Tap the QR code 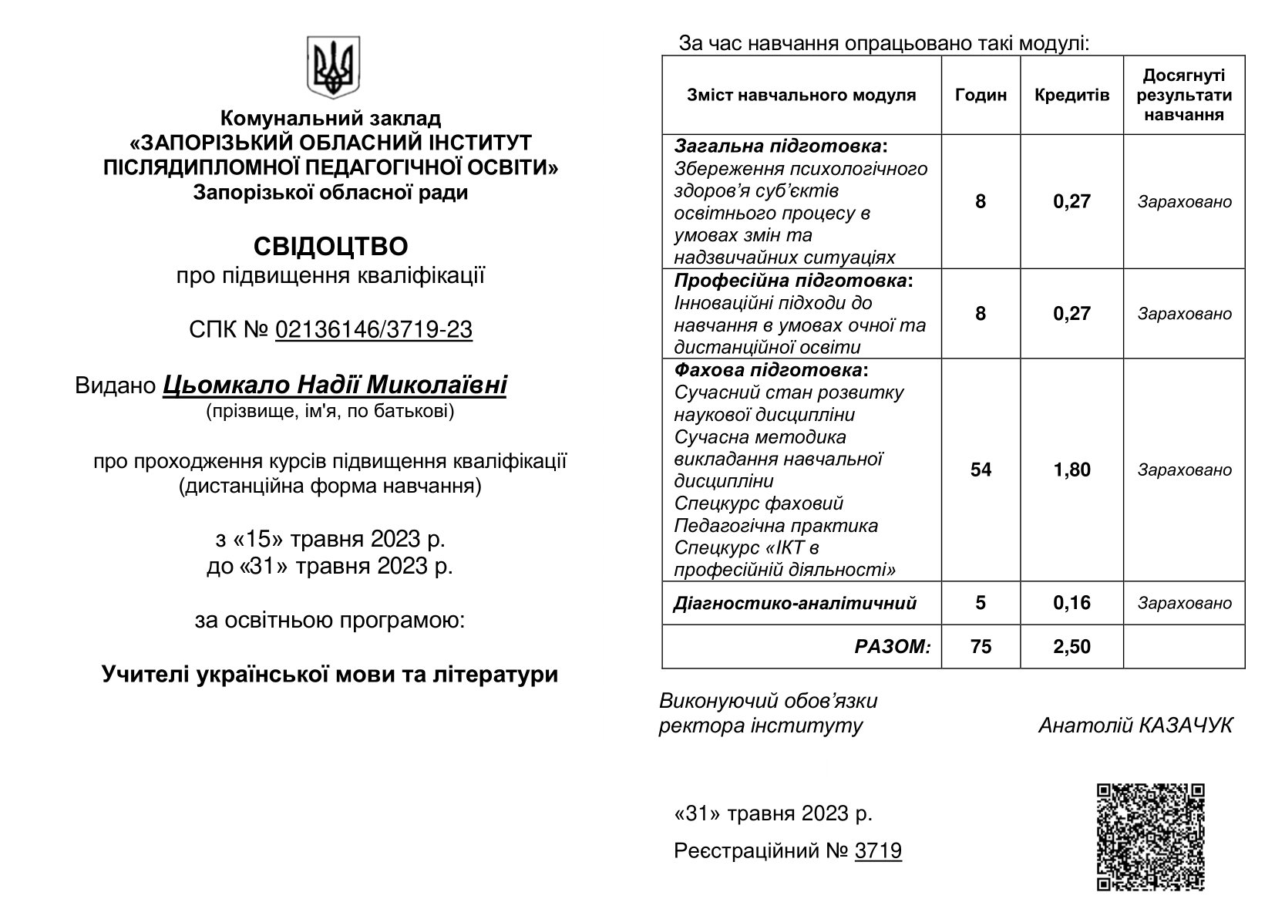pos(1150,836)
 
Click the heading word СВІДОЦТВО pos(331,247)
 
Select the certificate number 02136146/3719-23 pos(373,330)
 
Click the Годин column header pos(981,95)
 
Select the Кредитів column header pos(1071,95)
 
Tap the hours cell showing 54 pos(981,470)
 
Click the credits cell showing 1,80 pos(1071,470)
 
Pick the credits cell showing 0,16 pos(1071,602)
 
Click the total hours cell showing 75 pos(981,646)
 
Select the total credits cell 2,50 pos(1071,646)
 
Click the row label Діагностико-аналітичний pos(795,603)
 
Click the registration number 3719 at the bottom pos(878,851)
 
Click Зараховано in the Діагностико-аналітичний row pos(1184,603)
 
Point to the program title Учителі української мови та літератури pos(330,675)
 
